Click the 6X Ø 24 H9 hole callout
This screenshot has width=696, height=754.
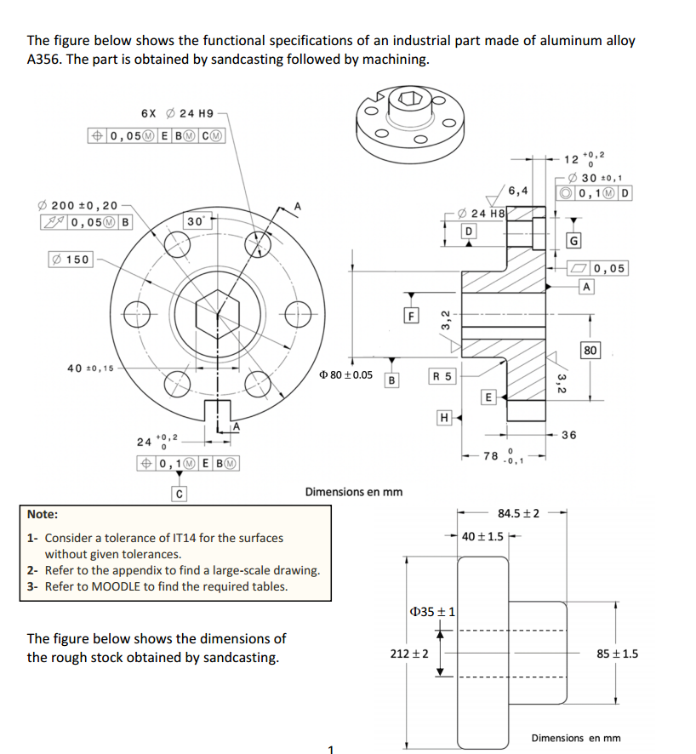177,113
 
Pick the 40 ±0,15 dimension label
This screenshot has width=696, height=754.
91,368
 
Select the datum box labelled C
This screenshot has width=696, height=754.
179,493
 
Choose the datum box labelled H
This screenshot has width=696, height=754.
442,417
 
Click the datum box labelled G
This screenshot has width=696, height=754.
576,241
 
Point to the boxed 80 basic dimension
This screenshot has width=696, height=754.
591,350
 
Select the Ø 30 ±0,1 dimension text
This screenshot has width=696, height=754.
599,177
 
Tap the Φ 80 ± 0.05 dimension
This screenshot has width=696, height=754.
345,374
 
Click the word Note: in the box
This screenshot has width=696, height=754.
43,514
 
